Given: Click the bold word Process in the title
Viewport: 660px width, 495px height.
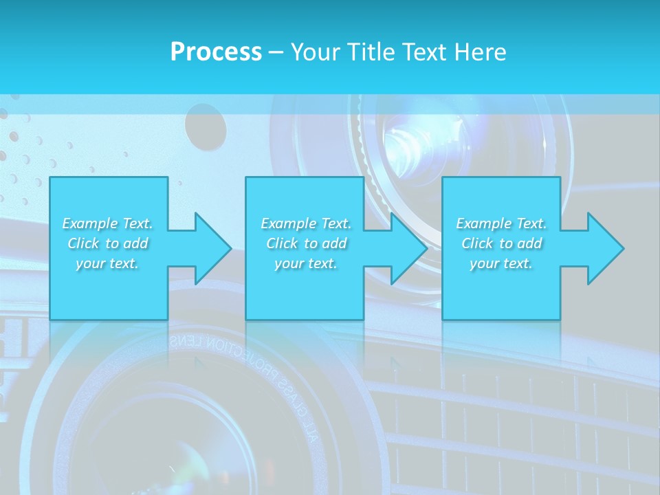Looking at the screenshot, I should (x=216, y=52).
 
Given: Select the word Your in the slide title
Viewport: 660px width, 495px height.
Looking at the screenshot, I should (x=316, y=52).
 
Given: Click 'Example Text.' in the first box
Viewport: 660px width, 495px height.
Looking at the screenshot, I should (x=107, y=223).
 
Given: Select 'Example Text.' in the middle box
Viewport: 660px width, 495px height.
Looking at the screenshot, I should (x=305, y=223).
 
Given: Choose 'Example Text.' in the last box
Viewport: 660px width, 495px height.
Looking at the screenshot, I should (x=501, y=223).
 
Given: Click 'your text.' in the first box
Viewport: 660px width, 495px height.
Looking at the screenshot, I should (x=107, y=263).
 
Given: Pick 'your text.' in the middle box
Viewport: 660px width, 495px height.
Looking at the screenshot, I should (x=305, y=263).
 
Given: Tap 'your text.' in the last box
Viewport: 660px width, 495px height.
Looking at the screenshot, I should (x=501, y=263).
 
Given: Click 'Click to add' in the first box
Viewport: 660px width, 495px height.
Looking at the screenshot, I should (x=107, y=243).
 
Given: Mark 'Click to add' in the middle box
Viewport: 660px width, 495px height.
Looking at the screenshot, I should (x=305, y=243).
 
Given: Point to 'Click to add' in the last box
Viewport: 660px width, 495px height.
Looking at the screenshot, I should (x=501, y=243).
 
